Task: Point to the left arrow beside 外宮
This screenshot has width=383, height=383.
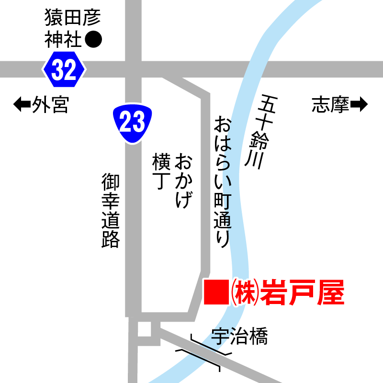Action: click(22, 104)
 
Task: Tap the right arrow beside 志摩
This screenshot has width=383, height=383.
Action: click(359, 104)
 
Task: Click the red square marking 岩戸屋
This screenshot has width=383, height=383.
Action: click(216, 292)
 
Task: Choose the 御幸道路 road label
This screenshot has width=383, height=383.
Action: click(111, 211)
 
